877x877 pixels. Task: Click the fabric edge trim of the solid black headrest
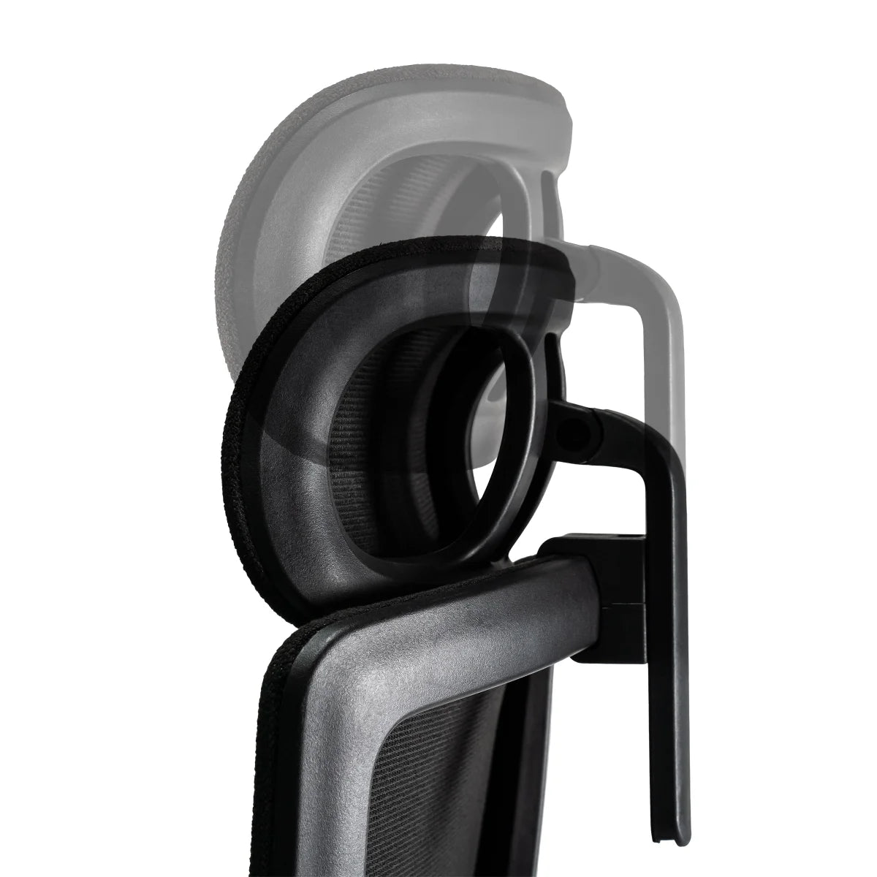[x=245, y=468]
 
